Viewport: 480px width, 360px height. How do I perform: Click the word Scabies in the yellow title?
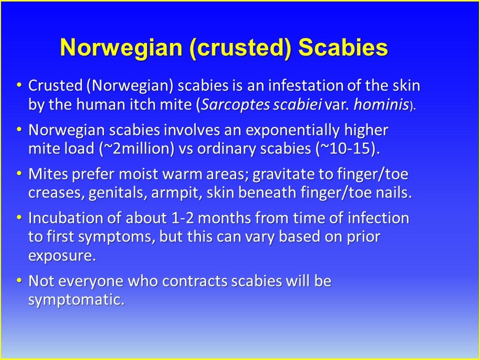(343, 47)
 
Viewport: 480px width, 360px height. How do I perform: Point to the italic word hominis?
(381, 104)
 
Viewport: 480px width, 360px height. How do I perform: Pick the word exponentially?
(292, 130)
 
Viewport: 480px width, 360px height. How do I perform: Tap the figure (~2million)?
(136, 149)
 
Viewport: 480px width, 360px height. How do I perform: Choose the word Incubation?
(65, 218)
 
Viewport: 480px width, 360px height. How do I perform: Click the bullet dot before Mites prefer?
(19, 173)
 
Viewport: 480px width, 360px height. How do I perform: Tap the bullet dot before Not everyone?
(19, 280)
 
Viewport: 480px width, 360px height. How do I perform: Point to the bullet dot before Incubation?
(19, 217)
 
